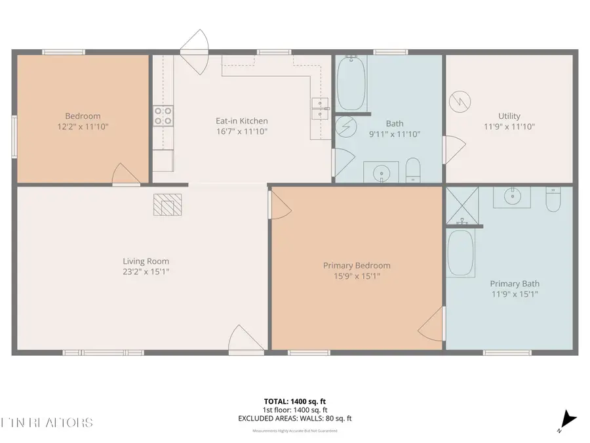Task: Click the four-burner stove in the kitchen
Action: [x=163, y=116]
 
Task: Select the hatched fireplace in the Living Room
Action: [x=168, y=204]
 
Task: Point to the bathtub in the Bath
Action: [x=352, y=83]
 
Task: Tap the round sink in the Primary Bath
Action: [x=513, y=196]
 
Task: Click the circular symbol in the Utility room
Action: [x=458, y=102]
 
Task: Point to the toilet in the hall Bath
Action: [x=413, y=171]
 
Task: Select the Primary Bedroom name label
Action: [x=357, y=265]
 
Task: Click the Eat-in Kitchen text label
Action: [x=242, y=121]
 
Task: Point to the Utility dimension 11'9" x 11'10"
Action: [x=509, y=127]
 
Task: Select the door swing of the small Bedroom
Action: [x=125, y=175]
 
